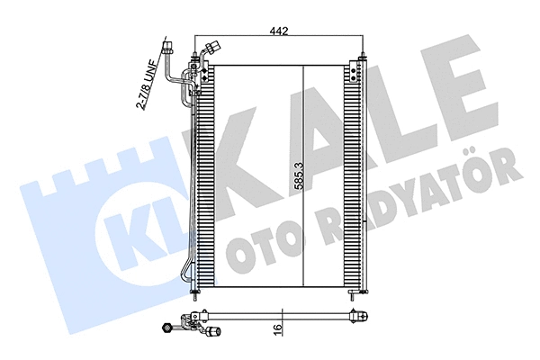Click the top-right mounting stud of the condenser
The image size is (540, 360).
click(x=361, y=60)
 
